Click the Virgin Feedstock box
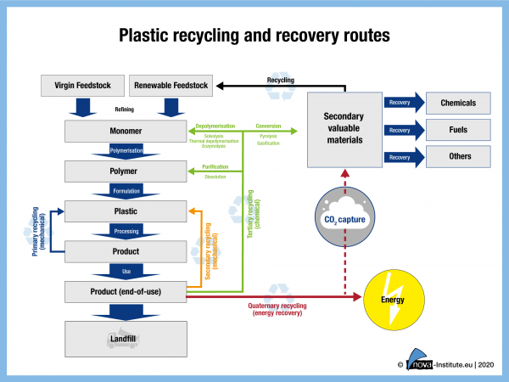click(x=84, y=86)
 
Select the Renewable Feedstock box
click(x=171, y=86)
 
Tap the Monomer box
click(x=126, y=132)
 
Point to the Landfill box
click(x=126, y=339)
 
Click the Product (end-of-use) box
click(x=126, y=292)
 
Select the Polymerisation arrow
click(x=126, y=151)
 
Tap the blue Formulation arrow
click(x=126, y=190)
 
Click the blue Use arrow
click(x=126, y=272)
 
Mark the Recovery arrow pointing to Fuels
click(x=402, y=131)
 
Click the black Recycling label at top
click(x=281, y=79)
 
